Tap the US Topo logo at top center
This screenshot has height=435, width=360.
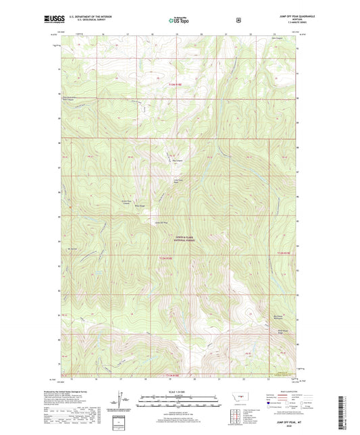click(x=179, y=20)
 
